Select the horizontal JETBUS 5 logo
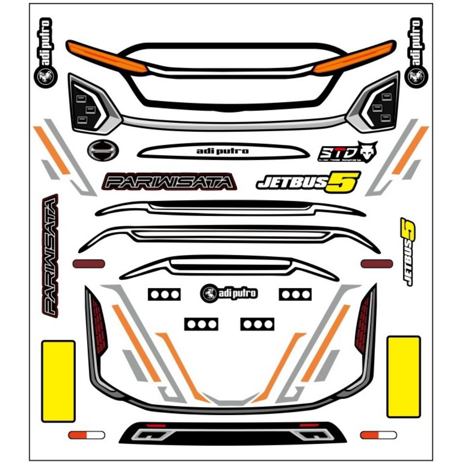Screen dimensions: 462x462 point(308,181)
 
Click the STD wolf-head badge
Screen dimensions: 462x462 point(347,152)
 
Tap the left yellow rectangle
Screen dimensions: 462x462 point(58,381)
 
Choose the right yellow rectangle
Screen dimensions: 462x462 point(404,377)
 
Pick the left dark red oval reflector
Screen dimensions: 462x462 point(89,263)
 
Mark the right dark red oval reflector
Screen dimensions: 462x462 point(376,263)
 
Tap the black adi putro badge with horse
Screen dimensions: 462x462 point(230,293)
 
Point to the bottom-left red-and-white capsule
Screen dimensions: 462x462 point(86,435)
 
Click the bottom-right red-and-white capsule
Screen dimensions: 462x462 point(378,435)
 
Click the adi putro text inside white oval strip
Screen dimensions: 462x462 point(223,151)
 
